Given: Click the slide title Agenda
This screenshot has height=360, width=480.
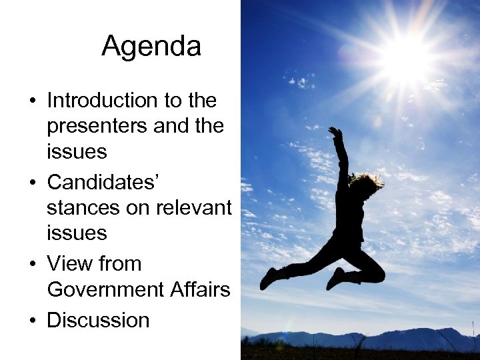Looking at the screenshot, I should pos(151,47).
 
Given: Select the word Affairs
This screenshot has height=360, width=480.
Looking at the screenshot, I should pos(200,289).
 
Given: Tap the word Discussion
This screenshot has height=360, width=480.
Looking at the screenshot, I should pos(98,320).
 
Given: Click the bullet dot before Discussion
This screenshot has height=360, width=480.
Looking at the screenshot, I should pos(32,321).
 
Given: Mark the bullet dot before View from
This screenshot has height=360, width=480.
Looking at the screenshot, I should pos(32,264).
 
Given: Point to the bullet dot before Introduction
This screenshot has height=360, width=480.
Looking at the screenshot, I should pos(32,101).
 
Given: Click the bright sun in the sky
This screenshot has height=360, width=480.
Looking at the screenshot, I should pos(405,59).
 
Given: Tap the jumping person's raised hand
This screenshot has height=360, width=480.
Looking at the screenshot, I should pos(335,132).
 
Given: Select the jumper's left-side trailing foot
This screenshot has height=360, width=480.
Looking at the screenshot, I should pos(268,278).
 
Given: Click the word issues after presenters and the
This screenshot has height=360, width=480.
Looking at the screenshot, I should pos(77,152).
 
